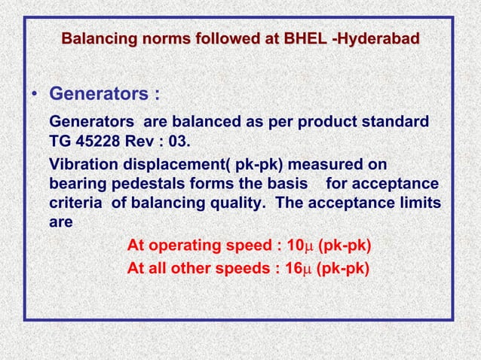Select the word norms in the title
(160, 38)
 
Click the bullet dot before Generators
(35, 96)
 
